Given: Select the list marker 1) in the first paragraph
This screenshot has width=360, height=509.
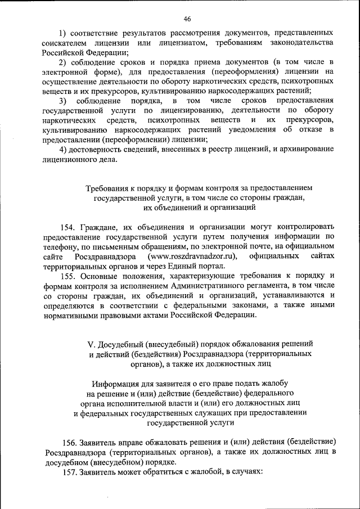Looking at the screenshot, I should (64, 33).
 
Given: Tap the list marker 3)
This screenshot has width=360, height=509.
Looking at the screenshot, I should (64, 101).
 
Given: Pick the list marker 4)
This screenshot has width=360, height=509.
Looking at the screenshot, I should (64, 149).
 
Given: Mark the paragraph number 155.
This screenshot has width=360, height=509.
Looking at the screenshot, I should (69, 276).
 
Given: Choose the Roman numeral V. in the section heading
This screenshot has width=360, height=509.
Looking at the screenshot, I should (93, 344).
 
